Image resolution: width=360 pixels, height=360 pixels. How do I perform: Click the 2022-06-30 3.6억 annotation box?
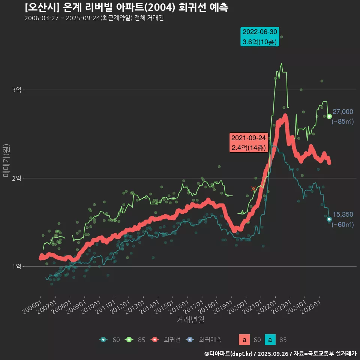260,37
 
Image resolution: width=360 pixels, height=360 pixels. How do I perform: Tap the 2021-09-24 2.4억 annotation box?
249,142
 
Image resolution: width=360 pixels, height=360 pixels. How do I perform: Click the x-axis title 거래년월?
190,320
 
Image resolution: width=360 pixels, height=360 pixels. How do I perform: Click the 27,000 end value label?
343,112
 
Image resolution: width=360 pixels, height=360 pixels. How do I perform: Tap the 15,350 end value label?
343,214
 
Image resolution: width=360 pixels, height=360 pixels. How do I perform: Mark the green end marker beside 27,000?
329,116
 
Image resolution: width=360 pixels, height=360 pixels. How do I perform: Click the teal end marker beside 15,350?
329,219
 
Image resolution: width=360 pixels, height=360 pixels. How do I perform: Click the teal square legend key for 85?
270,340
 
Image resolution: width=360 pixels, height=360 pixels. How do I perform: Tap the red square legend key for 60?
244,340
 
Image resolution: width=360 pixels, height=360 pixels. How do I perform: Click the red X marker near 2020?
253,189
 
